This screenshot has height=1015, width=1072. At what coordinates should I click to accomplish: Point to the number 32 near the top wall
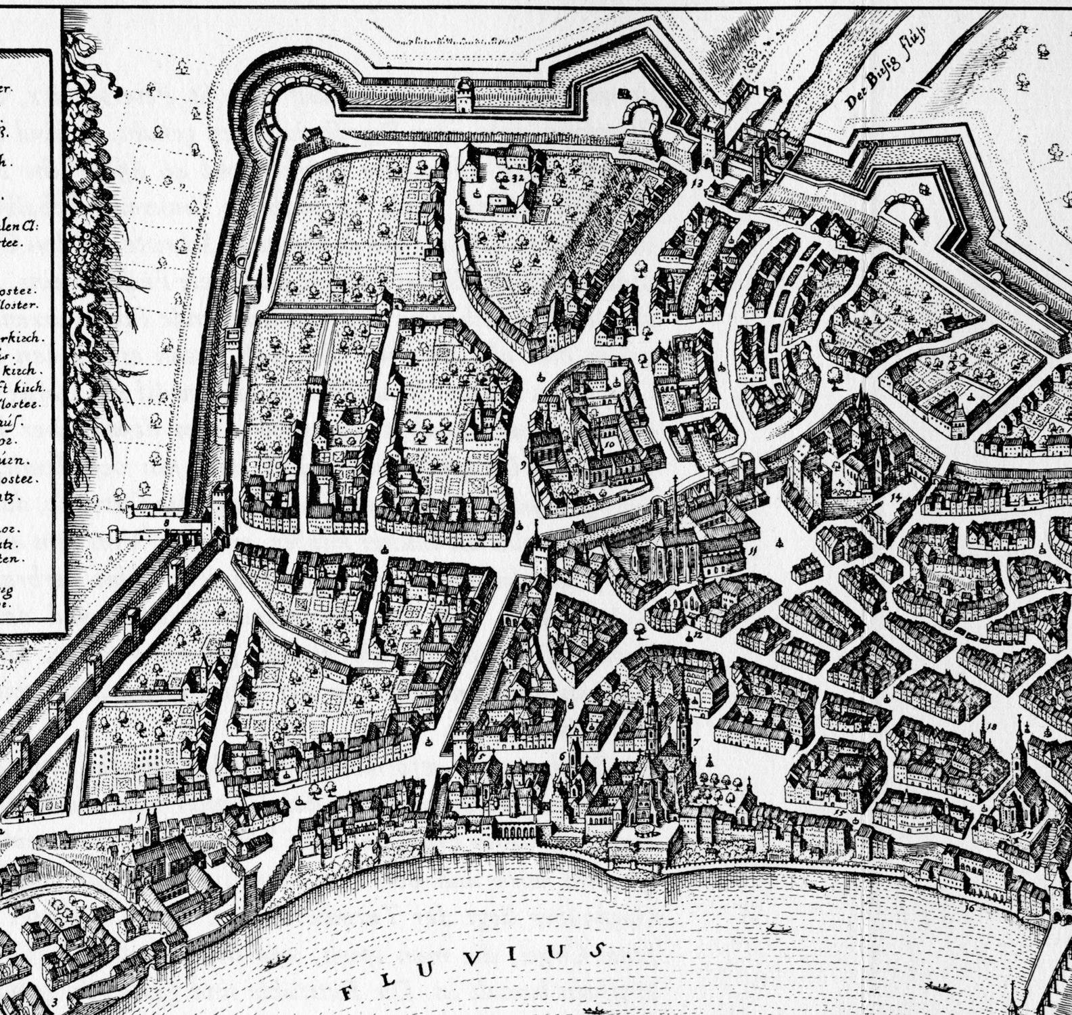[x=517, y=177]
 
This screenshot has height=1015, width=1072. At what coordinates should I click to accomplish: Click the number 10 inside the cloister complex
[x=608, y=445]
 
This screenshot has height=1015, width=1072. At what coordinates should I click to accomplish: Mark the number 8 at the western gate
[x=166, y=523]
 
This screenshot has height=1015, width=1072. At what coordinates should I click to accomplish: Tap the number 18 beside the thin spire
[x=992, y=727]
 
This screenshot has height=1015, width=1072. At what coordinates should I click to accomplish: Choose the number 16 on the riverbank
[x=970, y=907]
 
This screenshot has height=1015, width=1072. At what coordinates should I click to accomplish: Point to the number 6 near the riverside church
[x=562, y=755]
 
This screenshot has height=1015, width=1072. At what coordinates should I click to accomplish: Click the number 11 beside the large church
[x=753, y=550]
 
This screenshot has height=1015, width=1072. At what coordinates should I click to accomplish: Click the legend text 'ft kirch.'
[x=23, y=388]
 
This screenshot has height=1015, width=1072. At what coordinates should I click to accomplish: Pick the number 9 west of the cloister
[x=523, y=466]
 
